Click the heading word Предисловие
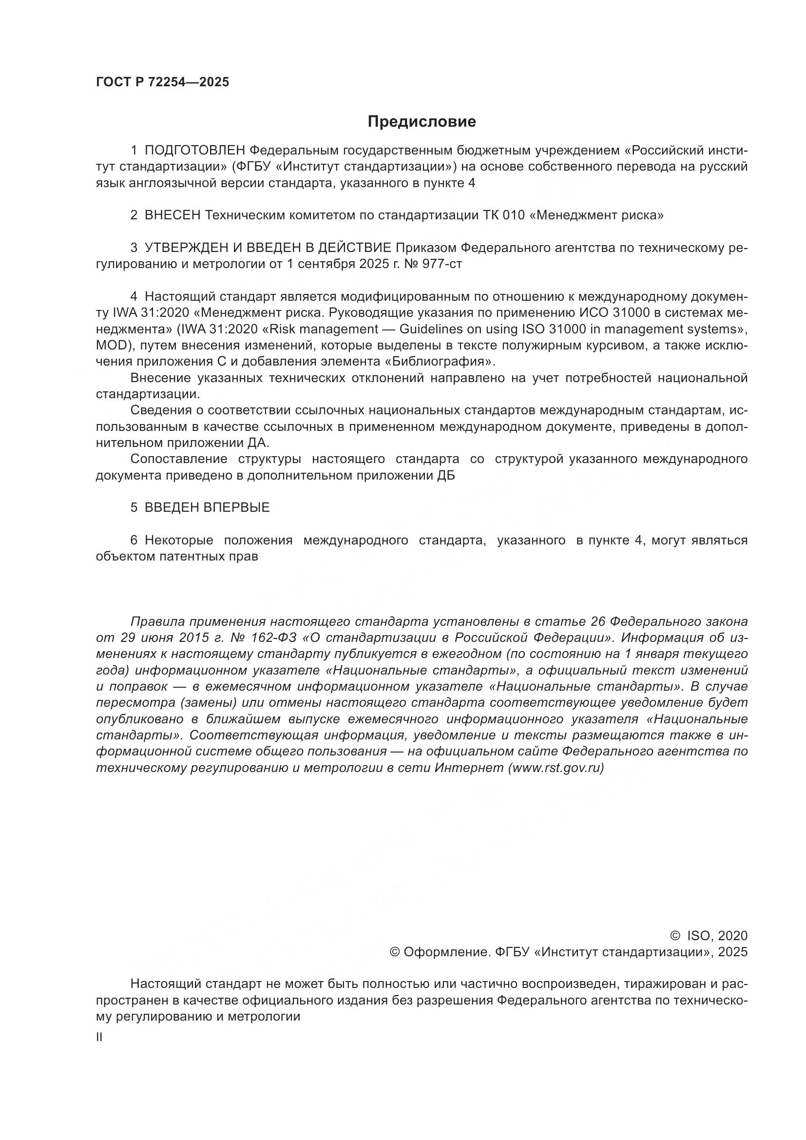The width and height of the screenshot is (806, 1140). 422,122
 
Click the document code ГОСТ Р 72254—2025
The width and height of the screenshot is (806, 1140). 162,82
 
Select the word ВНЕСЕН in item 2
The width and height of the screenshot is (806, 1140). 172,215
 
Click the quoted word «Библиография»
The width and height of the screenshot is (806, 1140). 440,362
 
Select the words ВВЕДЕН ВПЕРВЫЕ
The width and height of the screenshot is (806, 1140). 207,507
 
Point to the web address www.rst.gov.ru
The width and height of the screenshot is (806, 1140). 557,768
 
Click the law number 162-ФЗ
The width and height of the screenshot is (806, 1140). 273,638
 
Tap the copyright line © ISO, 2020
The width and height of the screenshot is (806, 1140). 708,936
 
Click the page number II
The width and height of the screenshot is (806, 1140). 99,1037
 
